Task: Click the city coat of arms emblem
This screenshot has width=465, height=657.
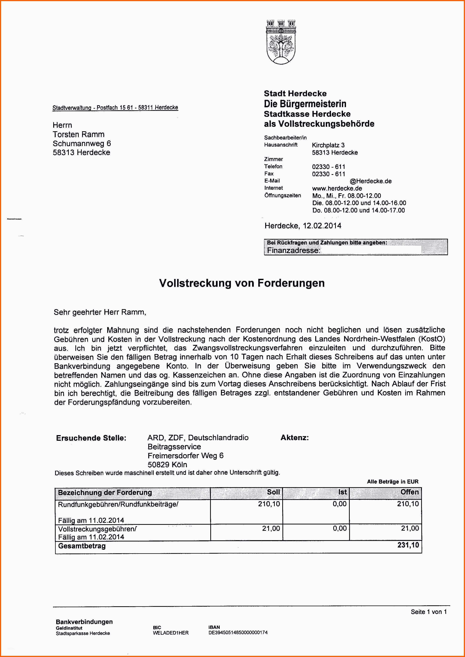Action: [281, 42]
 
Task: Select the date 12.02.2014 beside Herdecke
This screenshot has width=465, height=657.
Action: [322, 226]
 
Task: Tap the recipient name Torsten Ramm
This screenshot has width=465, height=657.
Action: [79, 134]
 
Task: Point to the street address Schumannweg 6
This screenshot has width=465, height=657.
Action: [82, 143]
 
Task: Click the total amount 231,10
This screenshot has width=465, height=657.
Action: [408, 545]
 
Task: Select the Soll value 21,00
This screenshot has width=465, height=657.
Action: [271, 528]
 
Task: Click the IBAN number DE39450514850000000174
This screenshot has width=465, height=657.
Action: [238, 632]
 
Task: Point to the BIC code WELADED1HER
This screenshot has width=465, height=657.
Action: [171, 633]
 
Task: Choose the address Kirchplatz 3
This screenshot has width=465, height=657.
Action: [328, 145]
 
